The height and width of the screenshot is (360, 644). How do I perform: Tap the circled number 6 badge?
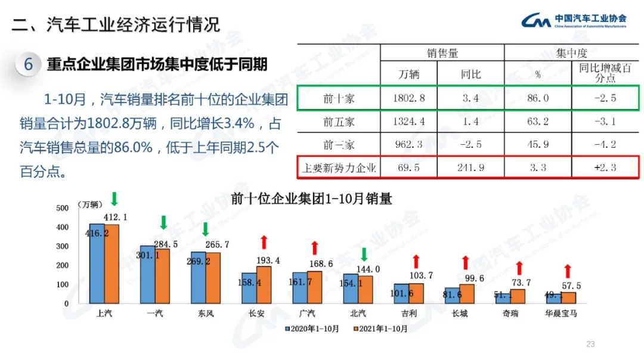[x=28, y=63]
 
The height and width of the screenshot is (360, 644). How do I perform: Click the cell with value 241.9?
[x=470, y=167]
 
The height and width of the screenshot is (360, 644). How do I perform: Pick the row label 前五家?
[x=339, y=122]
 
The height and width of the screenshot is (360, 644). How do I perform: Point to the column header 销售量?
[x=442, y=53]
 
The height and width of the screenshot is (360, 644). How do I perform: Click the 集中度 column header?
[x=572, y=53]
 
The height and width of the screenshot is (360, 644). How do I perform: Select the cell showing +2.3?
[x=605, y=167]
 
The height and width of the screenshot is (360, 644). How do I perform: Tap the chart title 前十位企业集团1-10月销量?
[x=311, y=199]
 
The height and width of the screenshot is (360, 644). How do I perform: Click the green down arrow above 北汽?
[x=363, y=255]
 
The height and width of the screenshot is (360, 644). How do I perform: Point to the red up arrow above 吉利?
[x=416, y=260]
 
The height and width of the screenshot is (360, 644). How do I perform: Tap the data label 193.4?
[x=268, y=260]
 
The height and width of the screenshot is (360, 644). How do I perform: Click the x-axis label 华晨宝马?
[x=561, y=314]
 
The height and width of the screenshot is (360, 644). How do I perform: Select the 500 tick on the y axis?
[x=62, y=208]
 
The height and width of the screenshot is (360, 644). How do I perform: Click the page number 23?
[x=591, y=344]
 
